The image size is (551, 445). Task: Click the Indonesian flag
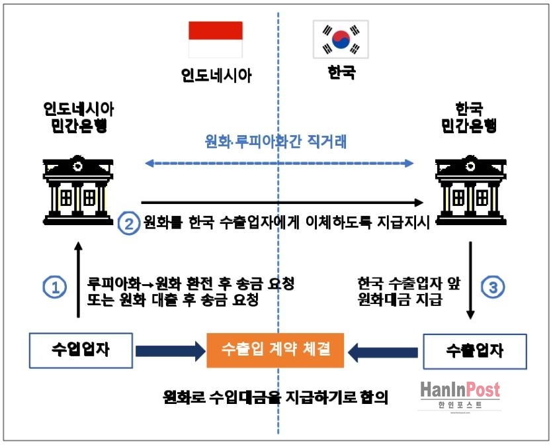[x=215, y=40]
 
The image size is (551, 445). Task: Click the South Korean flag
[x=341, y=40]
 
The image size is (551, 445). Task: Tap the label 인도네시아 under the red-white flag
[x=216, y=75]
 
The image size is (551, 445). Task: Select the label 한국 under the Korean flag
[x=341, y=72]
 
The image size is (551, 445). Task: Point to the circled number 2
[x=128, y=222]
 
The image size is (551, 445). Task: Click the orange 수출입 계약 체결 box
[x=275, y=349]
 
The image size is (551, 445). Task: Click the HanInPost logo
[x=460, y=395]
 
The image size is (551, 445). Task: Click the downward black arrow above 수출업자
[x=470, y=278]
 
